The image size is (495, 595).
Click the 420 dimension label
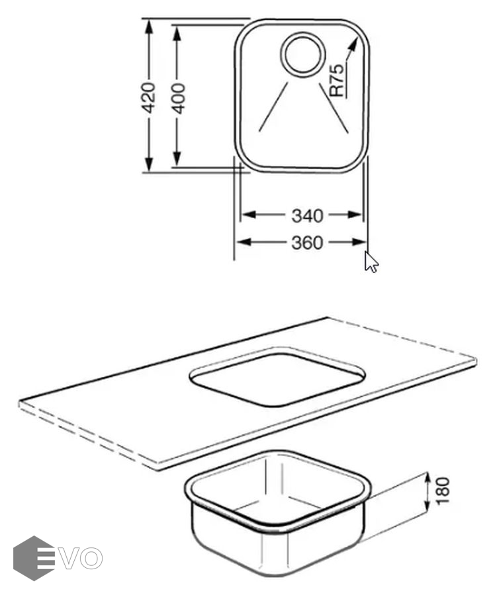148,98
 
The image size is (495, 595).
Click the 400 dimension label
178,99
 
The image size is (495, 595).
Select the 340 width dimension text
307,216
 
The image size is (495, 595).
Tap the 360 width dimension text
307,243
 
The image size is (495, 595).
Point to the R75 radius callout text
337,80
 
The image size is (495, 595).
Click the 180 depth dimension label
443,491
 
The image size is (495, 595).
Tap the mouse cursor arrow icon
371,262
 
